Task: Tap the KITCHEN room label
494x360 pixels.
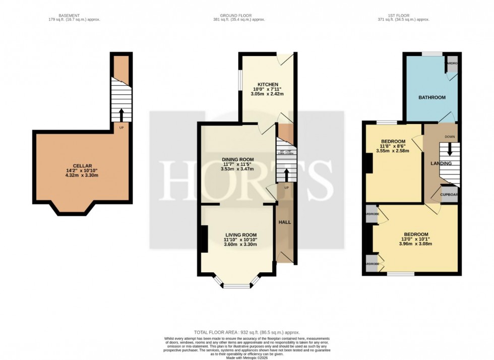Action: click(268, 84)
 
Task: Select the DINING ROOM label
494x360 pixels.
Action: click(238, 160)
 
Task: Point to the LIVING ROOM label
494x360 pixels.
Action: click(240, 235)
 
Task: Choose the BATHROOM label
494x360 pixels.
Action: click(431, 97)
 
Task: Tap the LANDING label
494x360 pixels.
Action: click(441, 163)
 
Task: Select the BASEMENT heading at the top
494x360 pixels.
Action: click(69, 16)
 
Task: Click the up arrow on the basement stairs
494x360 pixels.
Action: click(121, 114)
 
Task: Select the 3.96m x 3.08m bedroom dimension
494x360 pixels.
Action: click(415, 244)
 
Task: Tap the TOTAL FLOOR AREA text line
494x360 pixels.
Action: click(247, 332)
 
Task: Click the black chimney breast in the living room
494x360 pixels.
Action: click(204, 239)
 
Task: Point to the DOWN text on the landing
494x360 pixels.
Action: click(450, 137)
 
